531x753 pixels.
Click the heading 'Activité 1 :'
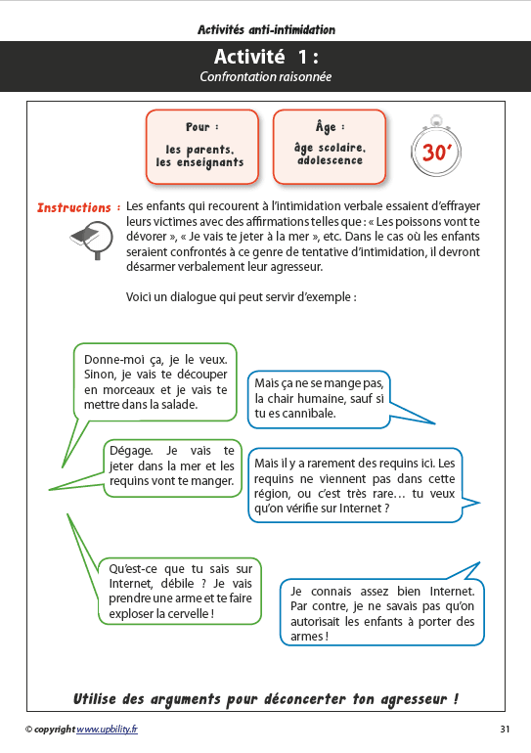click(x=265, y=58)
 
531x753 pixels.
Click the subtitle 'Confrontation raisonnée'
click(x=265, y=77)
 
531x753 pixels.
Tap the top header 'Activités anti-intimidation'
click(x=265, y=30)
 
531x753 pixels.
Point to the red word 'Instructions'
click(x=73, y=207)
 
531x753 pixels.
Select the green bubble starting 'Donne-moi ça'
click(x=155, y=380)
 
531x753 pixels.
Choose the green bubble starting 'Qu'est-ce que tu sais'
click(x=180, y=591)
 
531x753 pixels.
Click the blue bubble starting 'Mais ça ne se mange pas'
click(x=319, y=398)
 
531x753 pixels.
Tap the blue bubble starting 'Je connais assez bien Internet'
click(x=382, y=612)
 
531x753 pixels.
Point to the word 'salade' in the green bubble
click(x=177, y=404)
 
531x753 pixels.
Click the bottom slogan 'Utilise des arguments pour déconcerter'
click(x=266, y=699)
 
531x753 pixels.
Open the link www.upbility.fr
click(x=108, y=730)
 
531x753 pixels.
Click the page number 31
click(x=505, y=730)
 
